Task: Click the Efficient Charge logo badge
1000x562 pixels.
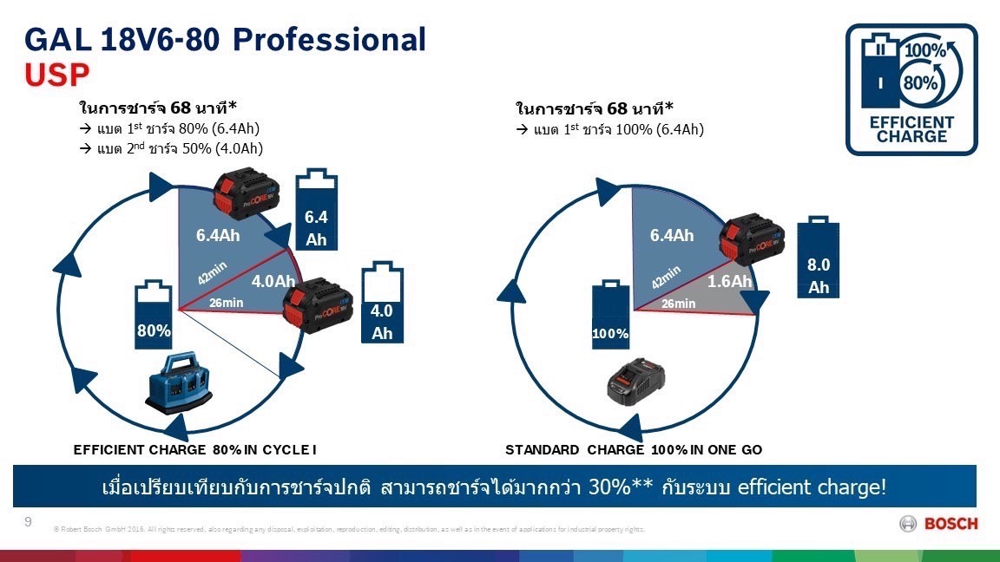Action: [911, 89]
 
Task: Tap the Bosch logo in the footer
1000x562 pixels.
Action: [939, 524]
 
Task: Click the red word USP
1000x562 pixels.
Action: [56, 75]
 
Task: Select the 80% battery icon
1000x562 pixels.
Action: [153, 313]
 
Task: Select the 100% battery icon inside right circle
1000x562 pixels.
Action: [610, 315]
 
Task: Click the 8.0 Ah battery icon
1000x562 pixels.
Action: [819, 258]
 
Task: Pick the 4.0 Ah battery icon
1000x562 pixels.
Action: [382, 303]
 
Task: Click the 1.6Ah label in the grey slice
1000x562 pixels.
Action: [729, 281]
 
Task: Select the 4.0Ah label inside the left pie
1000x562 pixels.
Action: [273, 282]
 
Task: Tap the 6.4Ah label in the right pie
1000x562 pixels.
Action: [672, 235]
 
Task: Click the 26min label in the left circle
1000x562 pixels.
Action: [227, 303]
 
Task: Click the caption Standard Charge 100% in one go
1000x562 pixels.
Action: [633, 449]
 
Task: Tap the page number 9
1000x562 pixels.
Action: [28, 521]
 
